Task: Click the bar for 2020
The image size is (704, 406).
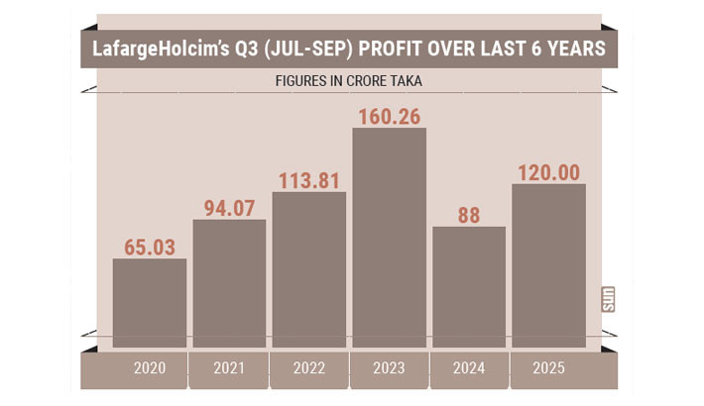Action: pyautogui.click(x=150, y=303)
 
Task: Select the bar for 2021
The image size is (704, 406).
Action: pyautogui.click(x=229, y=283)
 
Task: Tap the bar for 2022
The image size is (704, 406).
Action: pyautogui.click(x=309, y=269)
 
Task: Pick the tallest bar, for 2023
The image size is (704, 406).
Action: pyautogui.click(x=389, y=238)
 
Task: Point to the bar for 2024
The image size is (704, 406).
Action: pyautogui.click(x=469, y=287)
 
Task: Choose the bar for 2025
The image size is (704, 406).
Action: pyautogui.click(x=548, y=265)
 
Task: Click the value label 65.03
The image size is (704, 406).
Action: pyautogui.click(x=150, y=243)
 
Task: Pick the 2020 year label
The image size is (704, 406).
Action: pyautogui.click(x=150, y=368)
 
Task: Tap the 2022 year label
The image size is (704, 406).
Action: pyautogui.click(x=309, y=368)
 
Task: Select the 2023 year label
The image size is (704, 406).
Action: pyautogui.click(x=389, y=368)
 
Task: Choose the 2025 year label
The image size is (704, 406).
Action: pyautogui.click(x=548, y=368)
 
